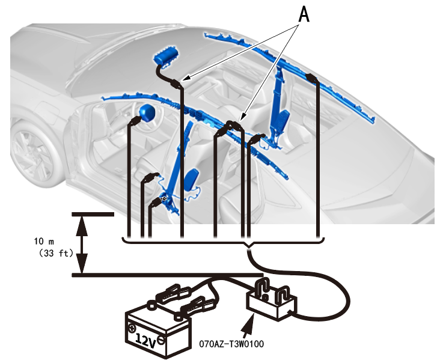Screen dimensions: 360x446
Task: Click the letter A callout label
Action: click(x=304, y=14)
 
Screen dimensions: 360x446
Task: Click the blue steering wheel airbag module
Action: click(x=146, y=112)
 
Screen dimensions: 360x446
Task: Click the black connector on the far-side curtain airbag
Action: click(x=311, y=78)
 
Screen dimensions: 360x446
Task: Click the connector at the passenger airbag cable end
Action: click(x=176, y=84)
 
